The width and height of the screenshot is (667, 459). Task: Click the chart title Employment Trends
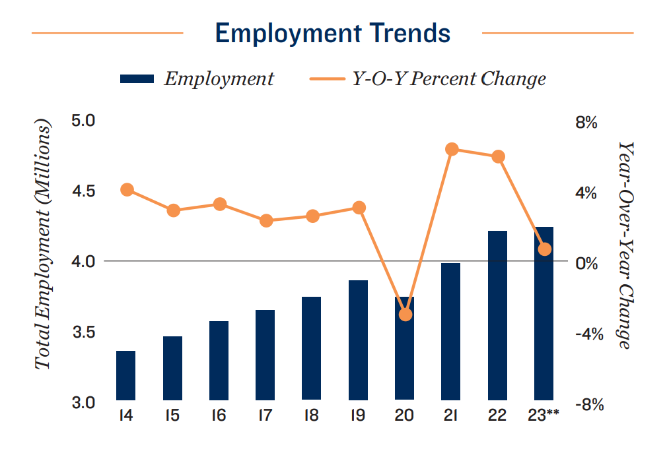tap(333, 32)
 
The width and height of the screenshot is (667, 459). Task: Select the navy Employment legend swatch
tap(137, 79)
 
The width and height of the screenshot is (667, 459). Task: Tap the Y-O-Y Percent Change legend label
tap(446, 79)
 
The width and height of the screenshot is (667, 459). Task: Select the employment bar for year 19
tap(358, 340)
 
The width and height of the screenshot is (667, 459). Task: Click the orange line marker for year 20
tap(405, 315)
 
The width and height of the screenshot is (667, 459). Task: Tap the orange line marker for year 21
tap(452, 150)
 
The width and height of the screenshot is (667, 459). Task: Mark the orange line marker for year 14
tap(127, 190)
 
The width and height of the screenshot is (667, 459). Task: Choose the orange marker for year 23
tap(544, 249)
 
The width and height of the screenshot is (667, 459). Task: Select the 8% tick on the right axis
tap(586, 123)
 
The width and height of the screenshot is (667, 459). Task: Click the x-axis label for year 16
tap(219, 416)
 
